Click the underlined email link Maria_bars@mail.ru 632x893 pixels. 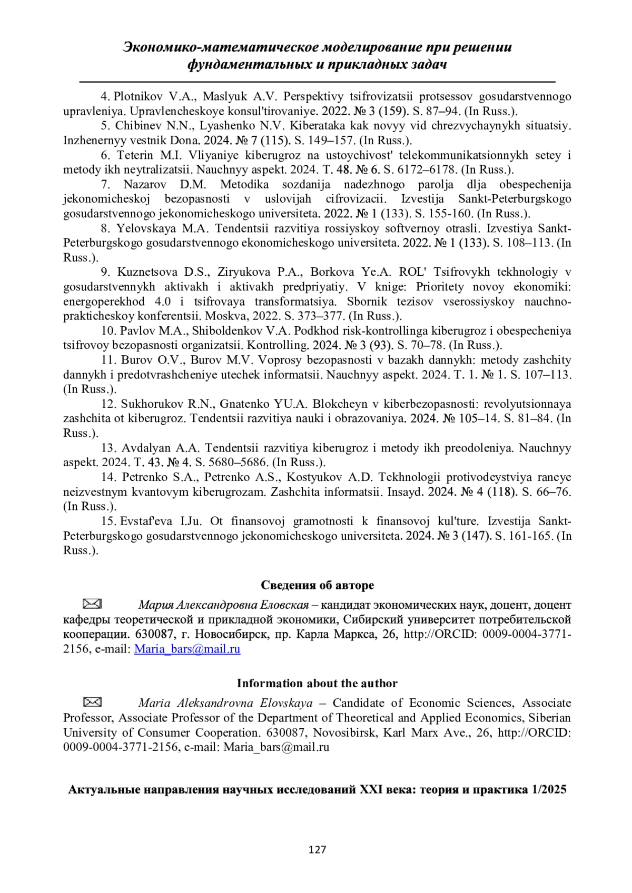tap(187, 649)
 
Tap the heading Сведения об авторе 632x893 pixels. tap(317, 585)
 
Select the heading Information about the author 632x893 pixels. tap(317, 683)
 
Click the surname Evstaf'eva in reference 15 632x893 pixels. tap(147, 521)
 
